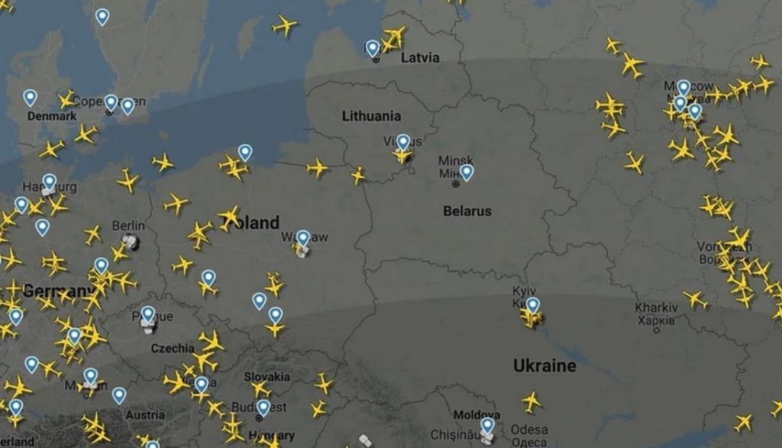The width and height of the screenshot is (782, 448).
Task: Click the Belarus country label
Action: tap(467, 211)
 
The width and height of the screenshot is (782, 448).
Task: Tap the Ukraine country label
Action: tap(544, 366)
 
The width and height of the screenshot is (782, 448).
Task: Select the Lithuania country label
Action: tap(371, 116)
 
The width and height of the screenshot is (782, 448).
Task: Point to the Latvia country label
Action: tap(421, 57)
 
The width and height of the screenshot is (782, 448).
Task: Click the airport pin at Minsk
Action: tap(467, 172)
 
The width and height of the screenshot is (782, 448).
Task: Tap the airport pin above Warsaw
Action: tap(303, 238)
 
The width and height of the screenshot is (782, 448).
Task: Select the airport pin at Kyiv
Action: tap(532, 305)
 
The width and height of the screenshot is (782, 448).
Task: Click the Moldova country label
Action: tap(477, 415)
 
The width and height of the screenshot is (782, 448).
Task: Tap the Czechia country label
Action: tap(173, 348)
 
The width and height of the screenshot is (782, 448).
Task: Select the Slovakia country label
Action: tap(267, 376)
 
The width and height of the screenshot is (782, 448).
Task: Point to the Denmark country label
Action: tap(52, 116)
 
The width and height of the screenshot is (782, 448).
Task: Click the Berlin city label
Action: tap(128, 226)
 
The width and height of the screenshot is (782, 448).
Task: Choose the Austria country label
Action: tap(145, 415)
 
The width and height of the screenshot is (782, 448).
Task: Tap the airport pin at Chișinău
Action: tap(487, 425)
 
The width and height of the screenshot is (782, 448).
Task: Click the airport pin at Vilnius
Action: tap(402, 142)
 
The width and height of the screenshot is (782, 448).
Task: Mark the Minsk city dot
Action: tap(456, 184)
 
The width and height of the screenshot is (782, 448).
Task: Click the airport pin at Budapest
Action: tap(263, 407)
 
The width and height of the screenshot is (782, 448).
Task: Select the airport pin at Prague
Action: tap(148, 314)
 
